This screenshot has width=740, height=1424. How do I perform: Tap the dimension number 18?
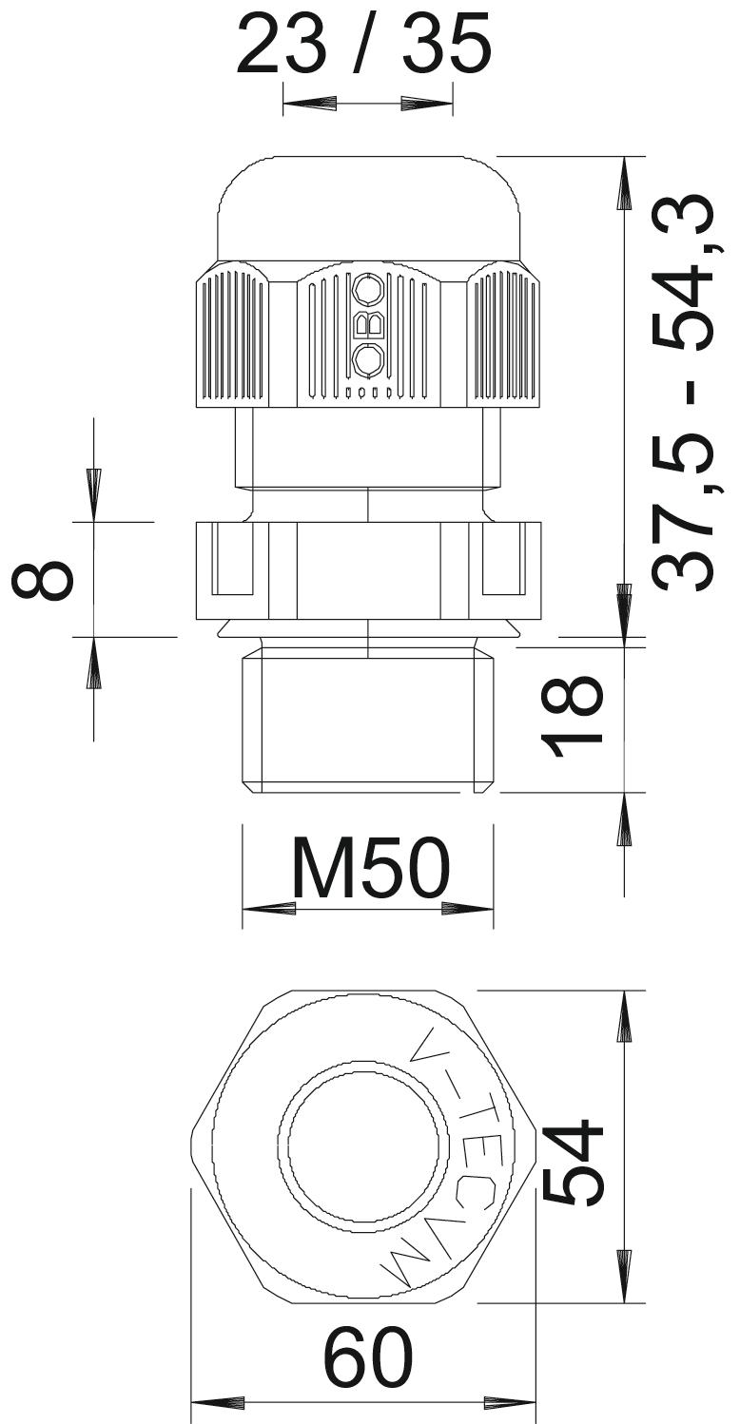pyautogui.click(x=571, y=717)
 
